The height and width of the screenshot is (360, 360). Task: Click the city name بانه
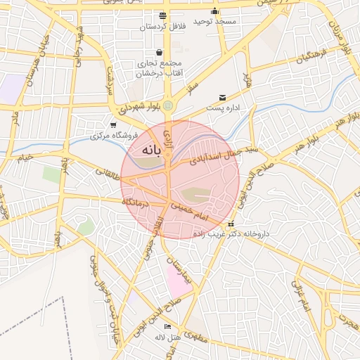coord(151,150)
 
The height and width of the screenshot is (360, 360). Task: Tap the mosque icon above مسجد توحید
coord(215,12)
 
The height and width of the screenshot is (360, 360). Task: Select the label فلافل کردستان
coord(164,27)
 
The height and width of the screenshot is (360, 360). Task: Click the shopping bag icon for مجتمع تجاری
coord(161,52)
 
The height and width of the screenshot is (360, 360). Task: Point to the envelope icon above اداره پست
coord(223,98)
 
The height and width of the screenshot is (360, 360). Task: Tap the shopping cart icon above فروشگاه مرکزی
coord(112,124)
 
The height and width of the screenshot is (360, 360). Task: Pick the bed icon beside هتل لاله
coord(167,327)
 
